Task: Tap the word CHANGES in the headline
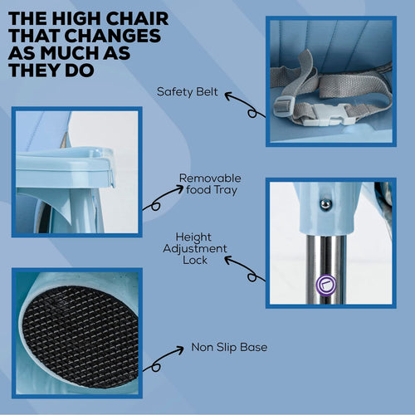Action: tap(113, 36)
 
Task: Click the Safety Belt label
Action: tap(188, 92)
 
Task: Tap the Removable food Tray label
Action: tap(210, 184)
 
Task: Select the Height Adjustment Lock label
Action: tap(195, 248)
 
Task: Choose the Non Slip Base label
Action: tap(229, 347)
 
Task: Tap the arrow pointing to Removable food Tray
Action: tap(164, 197)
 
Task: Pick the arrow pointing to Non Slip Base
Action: tap(164, 359)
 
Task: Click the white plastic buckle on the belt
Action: tap(330, 115)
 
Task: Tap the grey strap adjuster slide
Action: tap(283, 107)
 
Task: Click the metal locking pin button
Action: tap(325, 205)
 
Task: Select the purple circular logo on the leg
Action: tap(326, 285)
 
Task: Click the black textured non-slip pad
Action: tap(80, 336)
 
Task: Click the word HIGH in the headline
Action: tap(77, 19)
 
